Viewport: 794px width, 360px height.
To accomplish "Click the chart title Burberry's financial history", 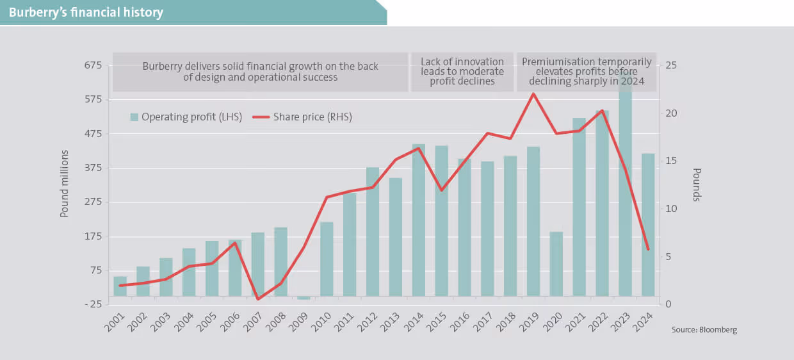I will [x=86, y=12].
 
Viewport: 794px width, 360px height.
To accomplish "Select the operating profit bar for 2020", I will [x=556, y=263].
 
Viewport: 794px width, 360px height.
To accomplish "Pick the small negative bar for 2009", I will [x=304, y=297].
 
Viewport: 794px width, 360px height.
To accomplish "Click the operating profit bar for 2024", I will [x=648, y=224].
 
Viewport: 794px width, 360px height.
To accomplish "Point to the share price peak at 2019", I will [x=533, y=94].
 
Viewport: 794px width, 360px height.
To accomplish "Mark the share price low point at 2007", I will [x=258, y=299].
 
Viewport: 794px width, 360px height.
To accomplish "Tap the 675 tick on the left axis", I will [x=93, y=65].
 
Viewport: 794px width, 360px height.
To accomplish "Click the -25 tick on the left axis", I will [x=93, y=304].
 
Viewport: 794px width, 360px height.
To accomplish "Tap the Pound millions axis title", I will [x=65, y=184].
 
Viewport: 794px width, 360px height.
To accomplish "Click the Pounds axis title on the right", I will [x=697, y=184].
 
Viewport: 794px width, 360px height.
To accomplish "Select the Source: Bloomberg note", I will [x=704, y=330].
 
